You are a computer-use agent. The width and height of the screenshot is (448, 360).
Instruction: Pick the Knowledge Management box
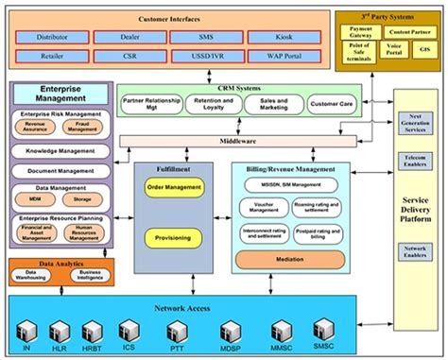click(x=60, y=151)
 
